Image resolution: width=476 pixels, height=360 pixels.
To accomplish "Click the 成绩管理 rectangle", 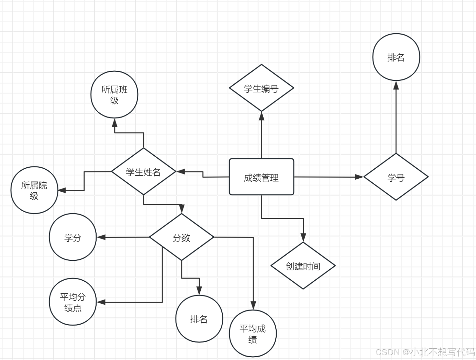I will (261, 177).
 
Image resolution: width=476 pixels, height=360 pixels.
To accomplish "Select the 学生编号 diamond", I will (261, 88).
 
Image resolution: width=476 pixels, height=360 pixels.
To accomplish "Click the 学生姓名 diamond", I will (143, 171).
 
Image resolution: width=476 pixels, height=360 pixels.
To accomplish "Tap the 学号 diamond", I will (396, 177).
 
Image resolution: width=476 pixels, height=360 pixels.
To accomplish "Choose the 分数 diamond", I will (181, 237).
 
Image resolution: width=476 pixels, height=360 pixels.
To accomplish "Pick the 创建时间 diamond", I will (303, 266).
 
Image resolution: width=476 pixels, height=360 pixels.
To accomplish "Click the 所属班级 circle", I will (114, 95).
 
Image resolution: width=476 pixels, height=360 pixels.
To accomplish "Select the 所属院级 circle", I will (34, 190).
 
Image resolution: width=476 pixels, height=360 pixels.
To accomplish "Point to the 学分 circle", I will (73, 237).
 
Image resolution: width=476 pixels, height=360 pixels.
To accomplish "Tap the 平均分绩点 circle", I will (73, 302).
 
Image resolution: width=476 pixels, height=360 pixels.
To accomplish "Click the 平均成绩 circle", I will (253, 334).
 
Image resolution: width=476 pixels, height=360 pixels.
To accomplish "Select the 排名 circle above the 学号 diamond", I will (396, 57).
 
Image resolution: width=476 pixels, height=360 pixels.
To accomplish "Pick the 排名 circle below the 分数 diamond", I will (199, 319).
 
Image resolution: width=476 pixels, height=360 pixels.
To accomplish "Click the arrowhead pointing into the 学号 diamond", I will (359, 177).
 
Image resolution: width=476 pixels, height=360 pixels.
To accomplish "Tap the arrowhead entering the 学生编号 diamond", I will (262, 115).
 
